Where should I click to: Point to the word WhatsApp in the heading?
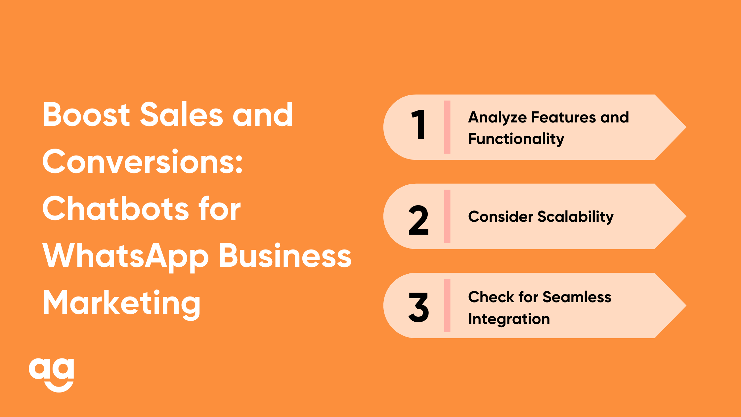[126, 257]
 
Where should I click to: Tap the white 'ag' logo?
[51, 375]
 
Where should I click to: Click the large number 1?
[418, 125]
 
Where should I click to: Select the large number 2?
[418, 220]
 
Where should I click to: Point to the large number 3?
[418, 307]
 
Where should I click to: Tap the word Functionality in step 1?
[516, 139]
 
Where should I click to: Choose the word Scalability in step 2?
[576, 217]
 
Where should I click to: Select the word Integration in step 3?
[509, 319]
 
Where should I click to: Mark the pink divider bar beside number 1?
[447, 127]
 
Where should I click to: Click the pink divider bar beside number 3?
[447, 305]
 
